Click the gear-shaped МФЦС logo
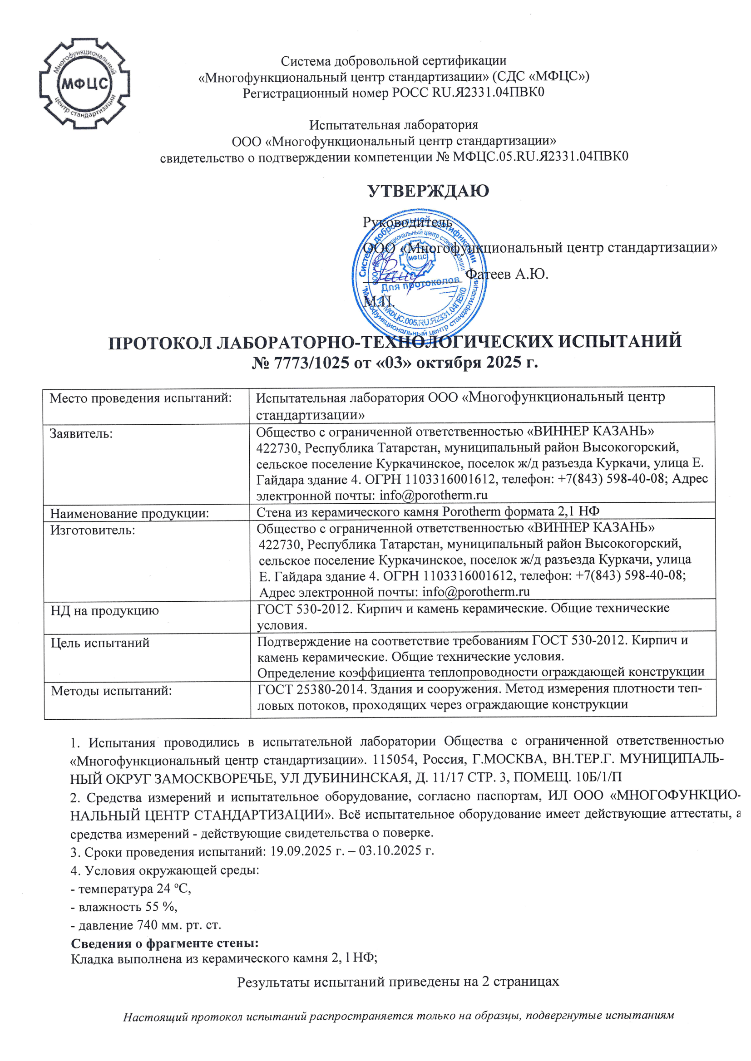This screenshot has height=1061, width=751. pos(84,84)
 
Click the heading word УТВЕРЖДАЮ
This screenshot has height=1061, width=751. pos(428,191)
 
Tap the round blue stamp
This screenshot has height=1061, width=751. pos(420,275)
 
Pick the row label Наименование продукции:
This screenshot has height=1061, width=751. pos(129,513)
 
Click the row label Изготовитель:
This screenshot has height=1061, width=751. pos(93,530)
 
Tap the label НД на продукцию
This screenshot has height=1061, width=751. pos(104,610)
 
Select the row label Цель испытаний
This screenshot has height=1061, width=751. pos(100,643)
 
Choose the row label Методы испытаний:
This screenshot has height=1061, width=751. pos(111,691)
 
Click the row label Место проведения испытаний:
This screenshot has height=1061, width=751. pos(140,398)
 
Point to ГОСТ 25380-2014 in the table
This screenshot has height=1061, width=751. pos(307,689)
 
